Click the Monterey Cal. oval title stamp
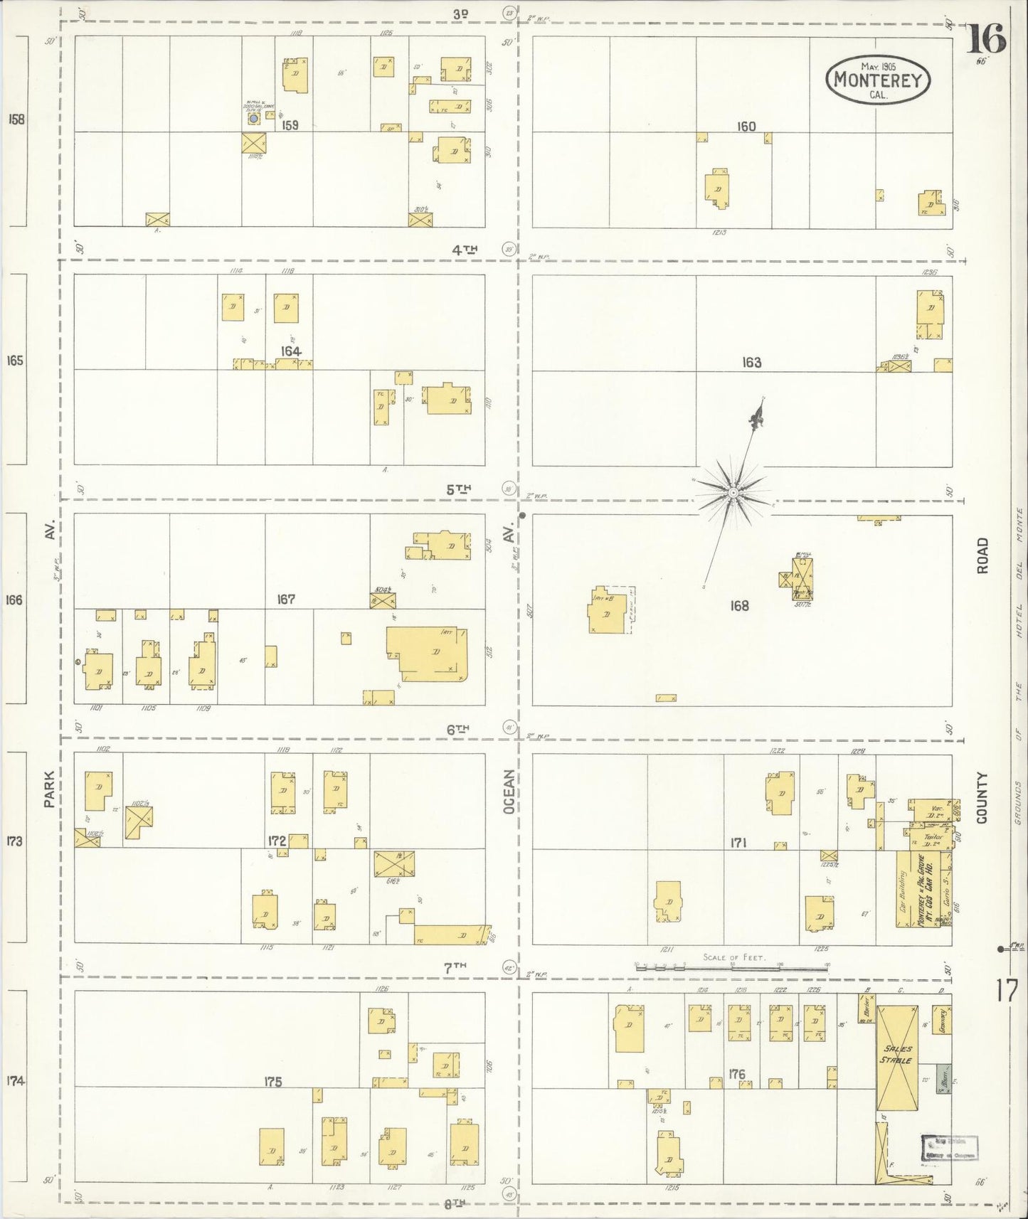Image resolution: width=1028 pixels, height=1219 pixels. [x=879, y=80]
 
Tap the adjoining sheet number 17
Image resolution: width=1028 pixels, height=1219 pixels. [x=1006, y=989]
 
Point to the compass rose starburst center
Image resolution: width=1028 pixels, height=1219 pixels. [x=733, y=491]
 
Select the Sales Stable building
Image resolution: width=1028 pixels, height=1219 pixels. [x=896, y=1057]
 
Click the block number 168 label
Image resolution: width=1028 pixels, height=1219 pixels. [x=739, y=606]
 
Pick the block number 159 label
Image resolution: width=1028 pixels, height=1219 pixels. [x=290, y=125]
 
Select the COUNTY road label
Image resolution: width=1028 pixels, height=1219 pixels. [x=982, y=798]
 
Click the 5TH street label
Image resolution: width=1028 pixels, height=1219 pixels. [x=459, y=489]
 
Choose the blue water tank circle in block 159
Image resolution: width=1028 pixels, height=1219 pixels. [x=252, y=119]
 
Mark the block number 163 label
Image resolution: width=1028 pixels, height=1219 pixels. [x=751, y=363]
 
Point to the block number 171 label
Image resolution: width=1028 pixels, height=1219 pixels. [x=737, y=843]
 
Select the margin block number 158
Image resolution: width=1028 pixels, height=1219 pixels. [x=16, y=119]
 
